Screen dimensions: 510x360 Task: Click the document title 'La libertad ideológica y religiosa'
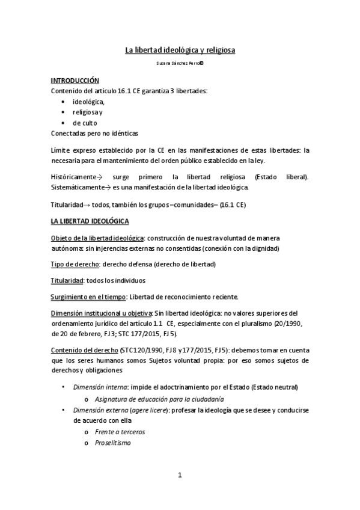click(180, 50)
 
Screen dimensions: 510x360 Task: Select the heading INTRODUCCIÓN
click(75, 80)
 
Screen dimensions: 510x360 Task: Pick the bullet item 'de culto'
click(85, 123)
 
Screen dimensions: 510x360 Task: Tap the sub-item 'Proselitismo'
click(112, 443)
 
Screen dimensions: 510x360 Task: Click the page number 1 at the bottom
click(180, 475)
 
